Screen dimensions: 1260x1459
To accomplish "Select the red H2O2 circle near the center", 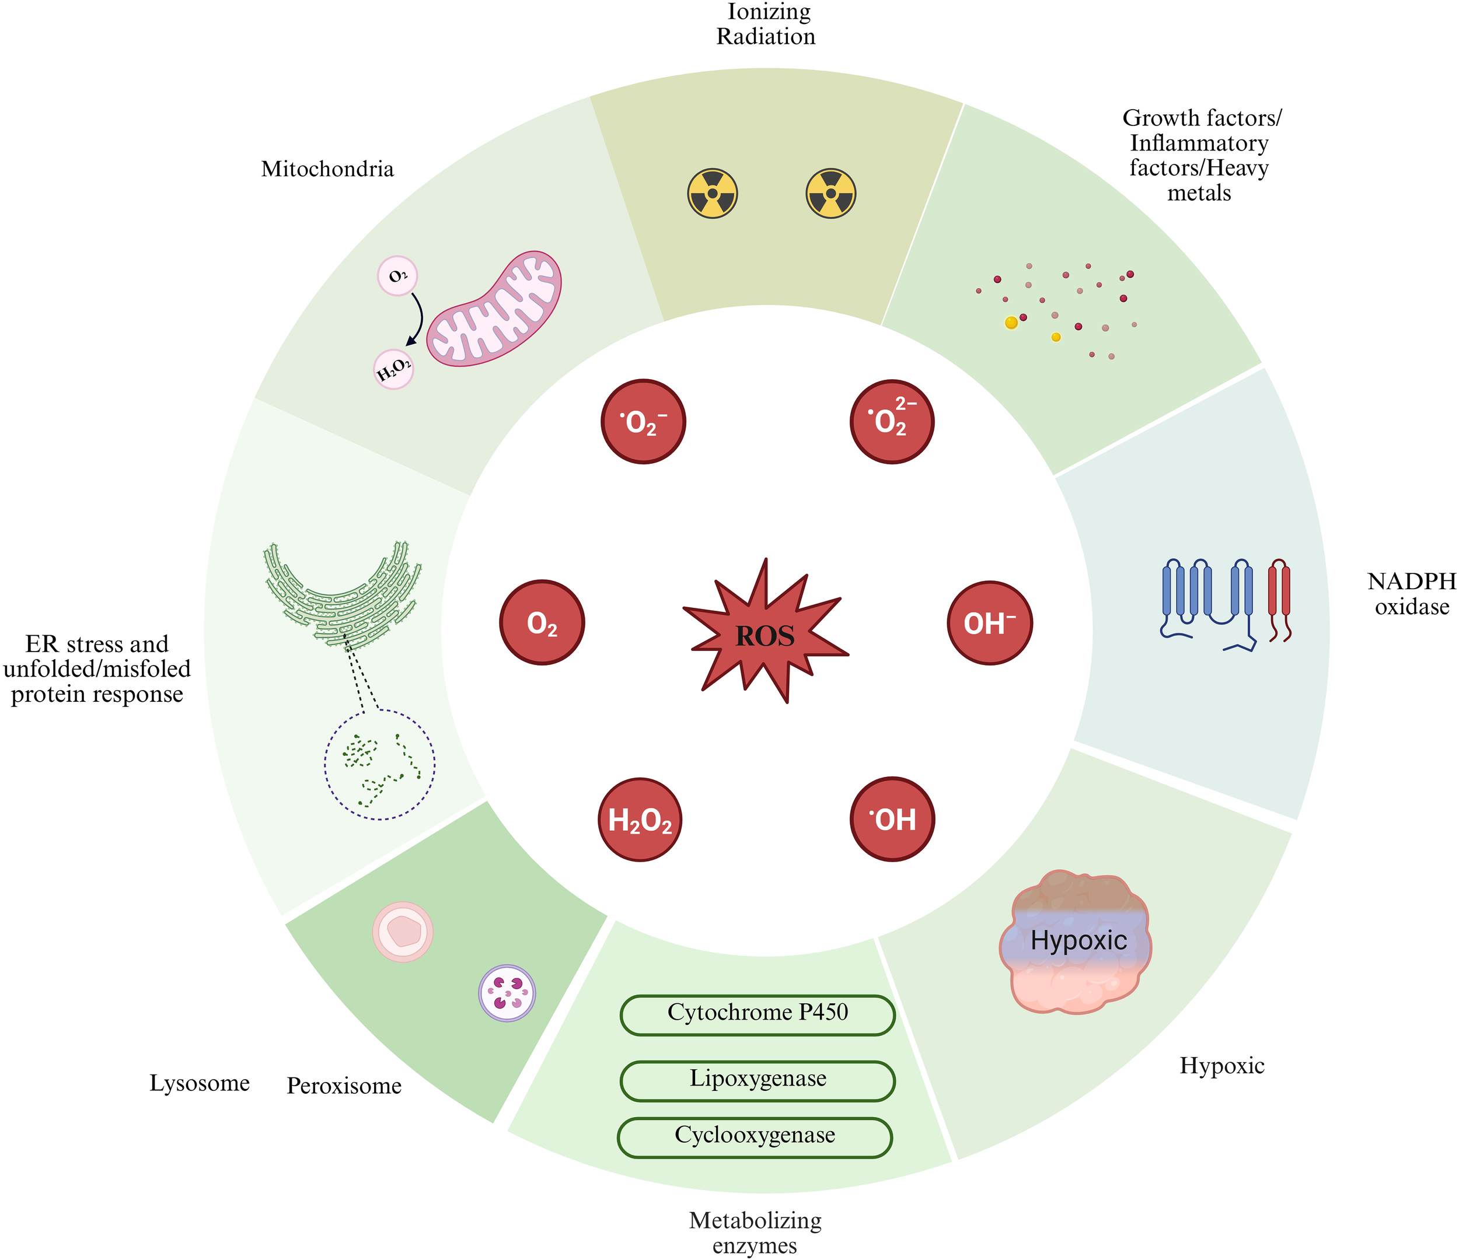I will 640,820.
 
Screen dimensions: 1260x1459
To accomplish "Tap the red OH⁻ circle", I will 989,623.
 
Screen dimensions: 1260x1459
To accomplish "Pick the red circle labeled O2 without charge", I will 542,623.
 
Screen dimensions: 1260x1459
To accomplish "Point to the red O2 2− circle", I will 892,422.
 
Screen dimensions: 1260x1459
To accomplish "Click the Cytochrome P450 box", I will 758,1014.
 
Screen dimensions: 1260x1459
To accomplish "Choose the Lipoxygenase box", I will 758,1080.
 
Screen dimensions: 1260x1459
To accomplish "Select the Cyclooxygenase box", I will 755,1137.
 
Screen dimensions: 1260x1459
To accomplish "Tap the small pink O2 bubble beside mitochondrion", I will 398,276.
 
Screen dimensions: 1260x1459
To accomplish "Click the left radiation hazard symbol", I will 713,194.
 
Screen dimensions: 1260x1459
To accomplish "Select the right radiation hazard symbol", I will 831,194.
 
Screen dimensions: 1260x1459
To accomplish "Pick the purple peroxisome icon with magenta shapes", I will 507,992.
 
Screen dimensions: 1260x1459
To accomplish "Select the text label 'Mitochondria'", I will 327,170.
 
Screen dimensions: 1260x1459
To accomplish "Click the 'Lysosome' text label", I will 199,1083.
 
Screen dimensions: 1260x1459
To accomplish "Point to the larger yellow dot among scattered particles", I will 1011,323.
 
